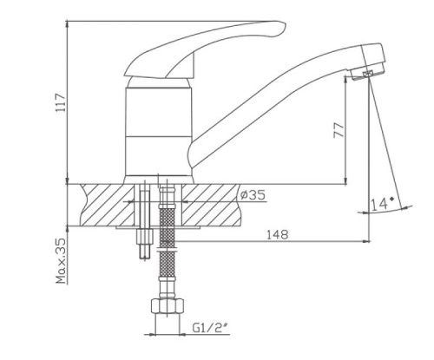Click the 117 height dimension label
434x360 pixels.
pyautogui.click(x=62, y=102)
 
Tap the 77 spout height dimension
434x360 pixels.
pyautogui.click(x=339, y=130)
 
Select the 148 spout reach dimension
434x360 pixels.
pyautogui.click(x=278, y=234)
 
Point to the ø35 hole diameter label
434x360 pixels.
pyautogui.click(x=253, y=195)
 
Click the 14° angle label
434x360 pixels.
pyautogui.click(x=383, y=204)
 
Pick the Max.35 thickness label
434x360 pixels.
pyautogui.click(x=62, y=261)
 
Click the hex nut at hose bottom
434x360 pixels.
pyautogui.click(x=168, y=306)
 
